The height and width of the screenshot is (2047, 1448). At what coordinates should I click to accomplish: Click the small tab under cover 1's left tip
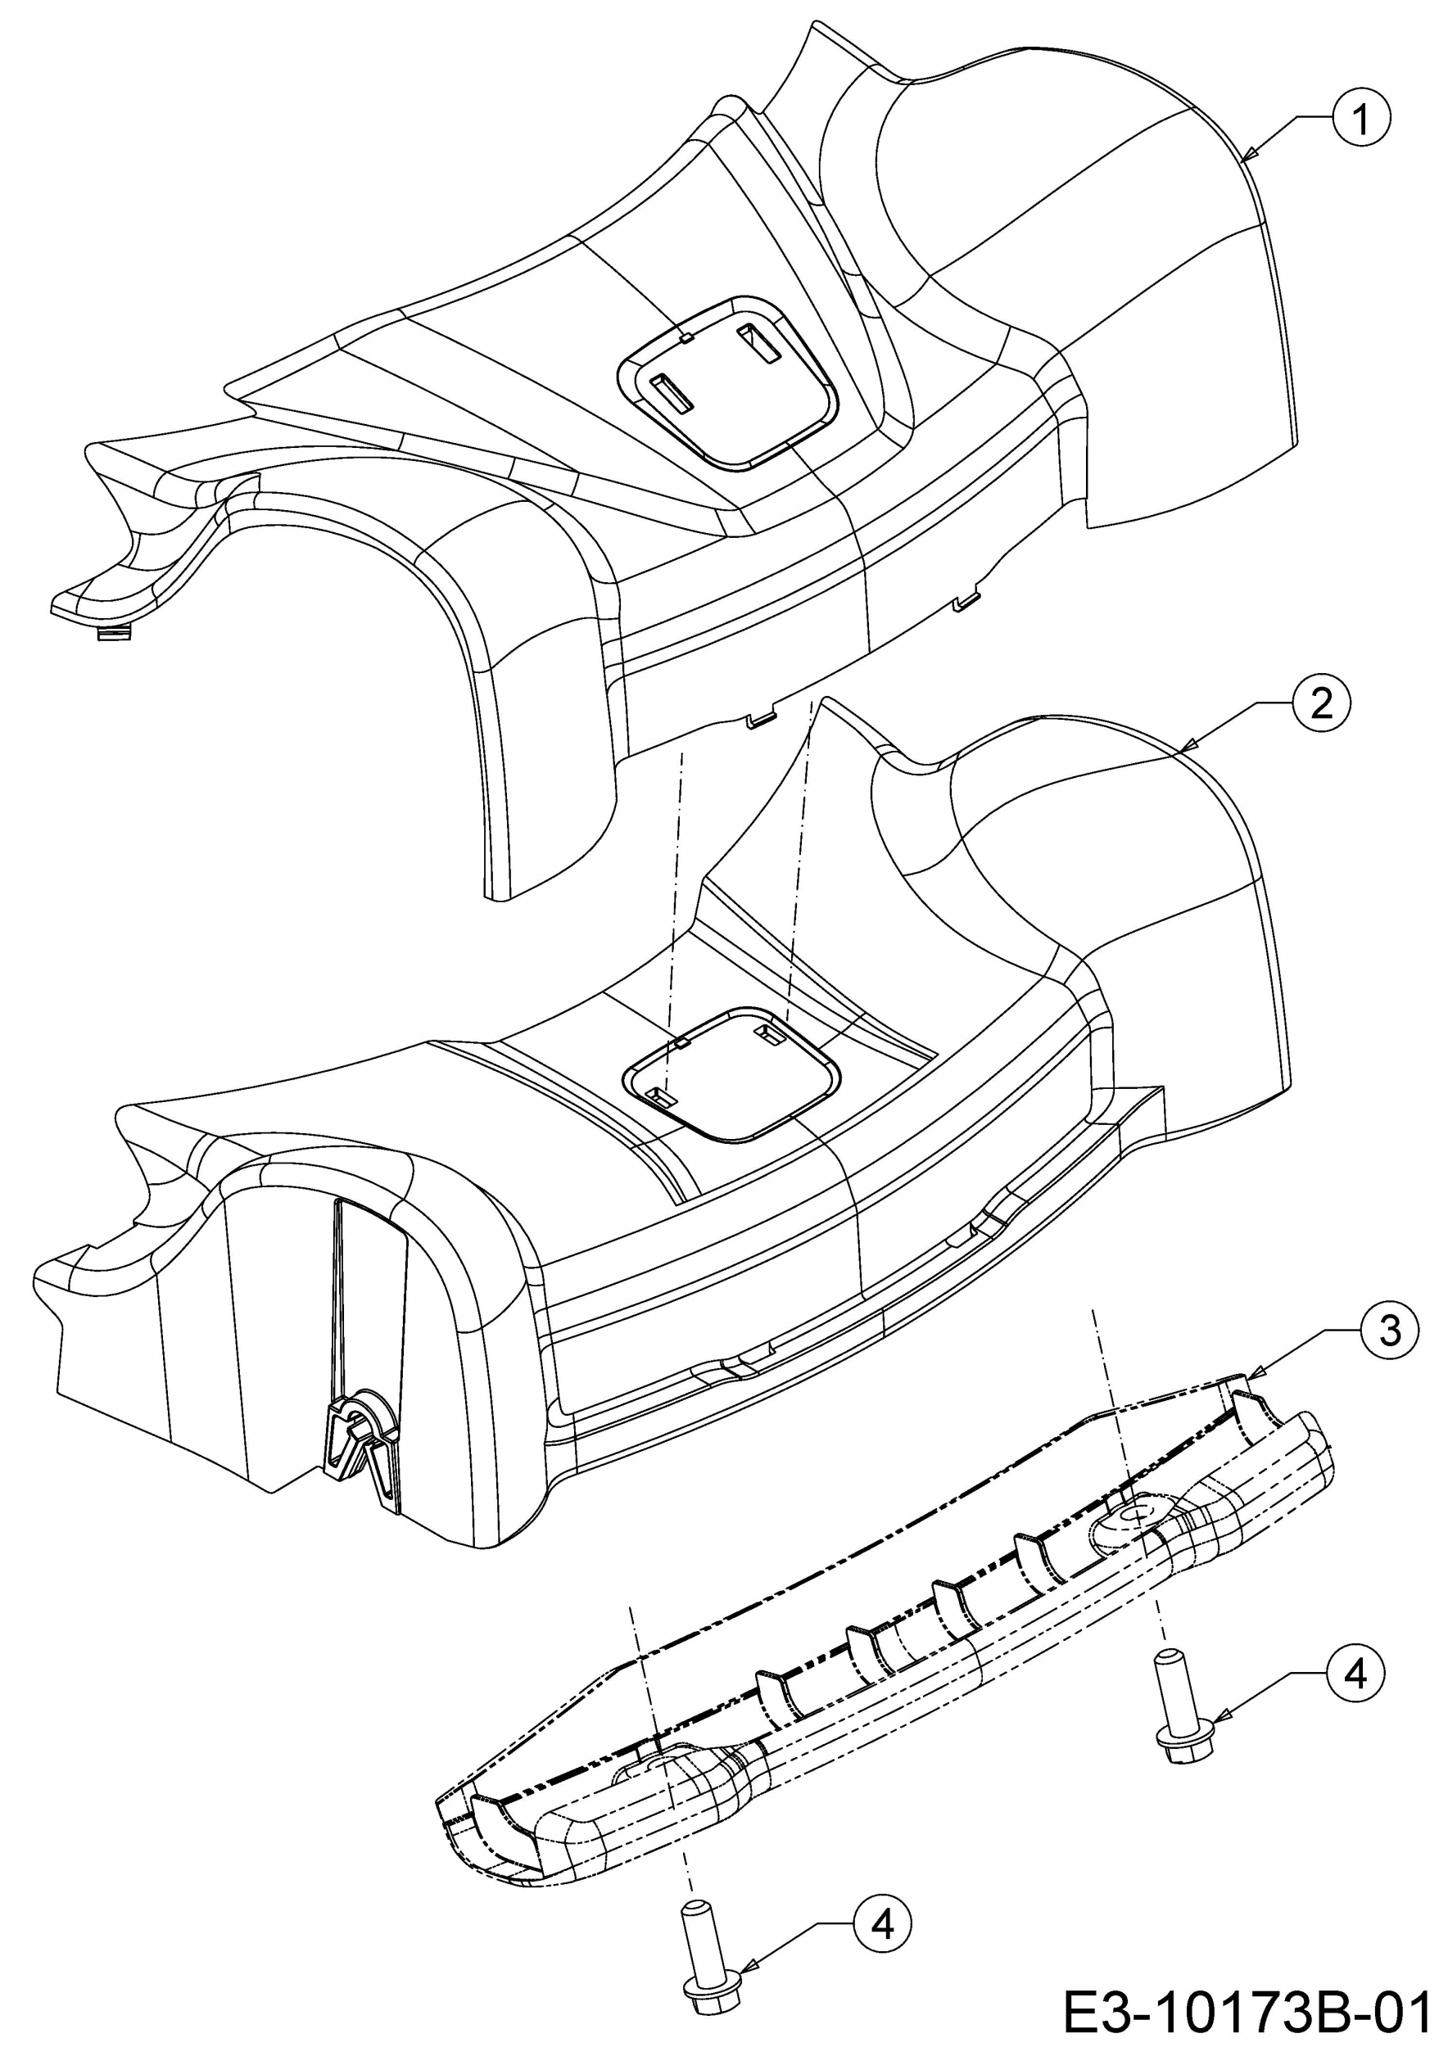(x=113, y=634)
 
